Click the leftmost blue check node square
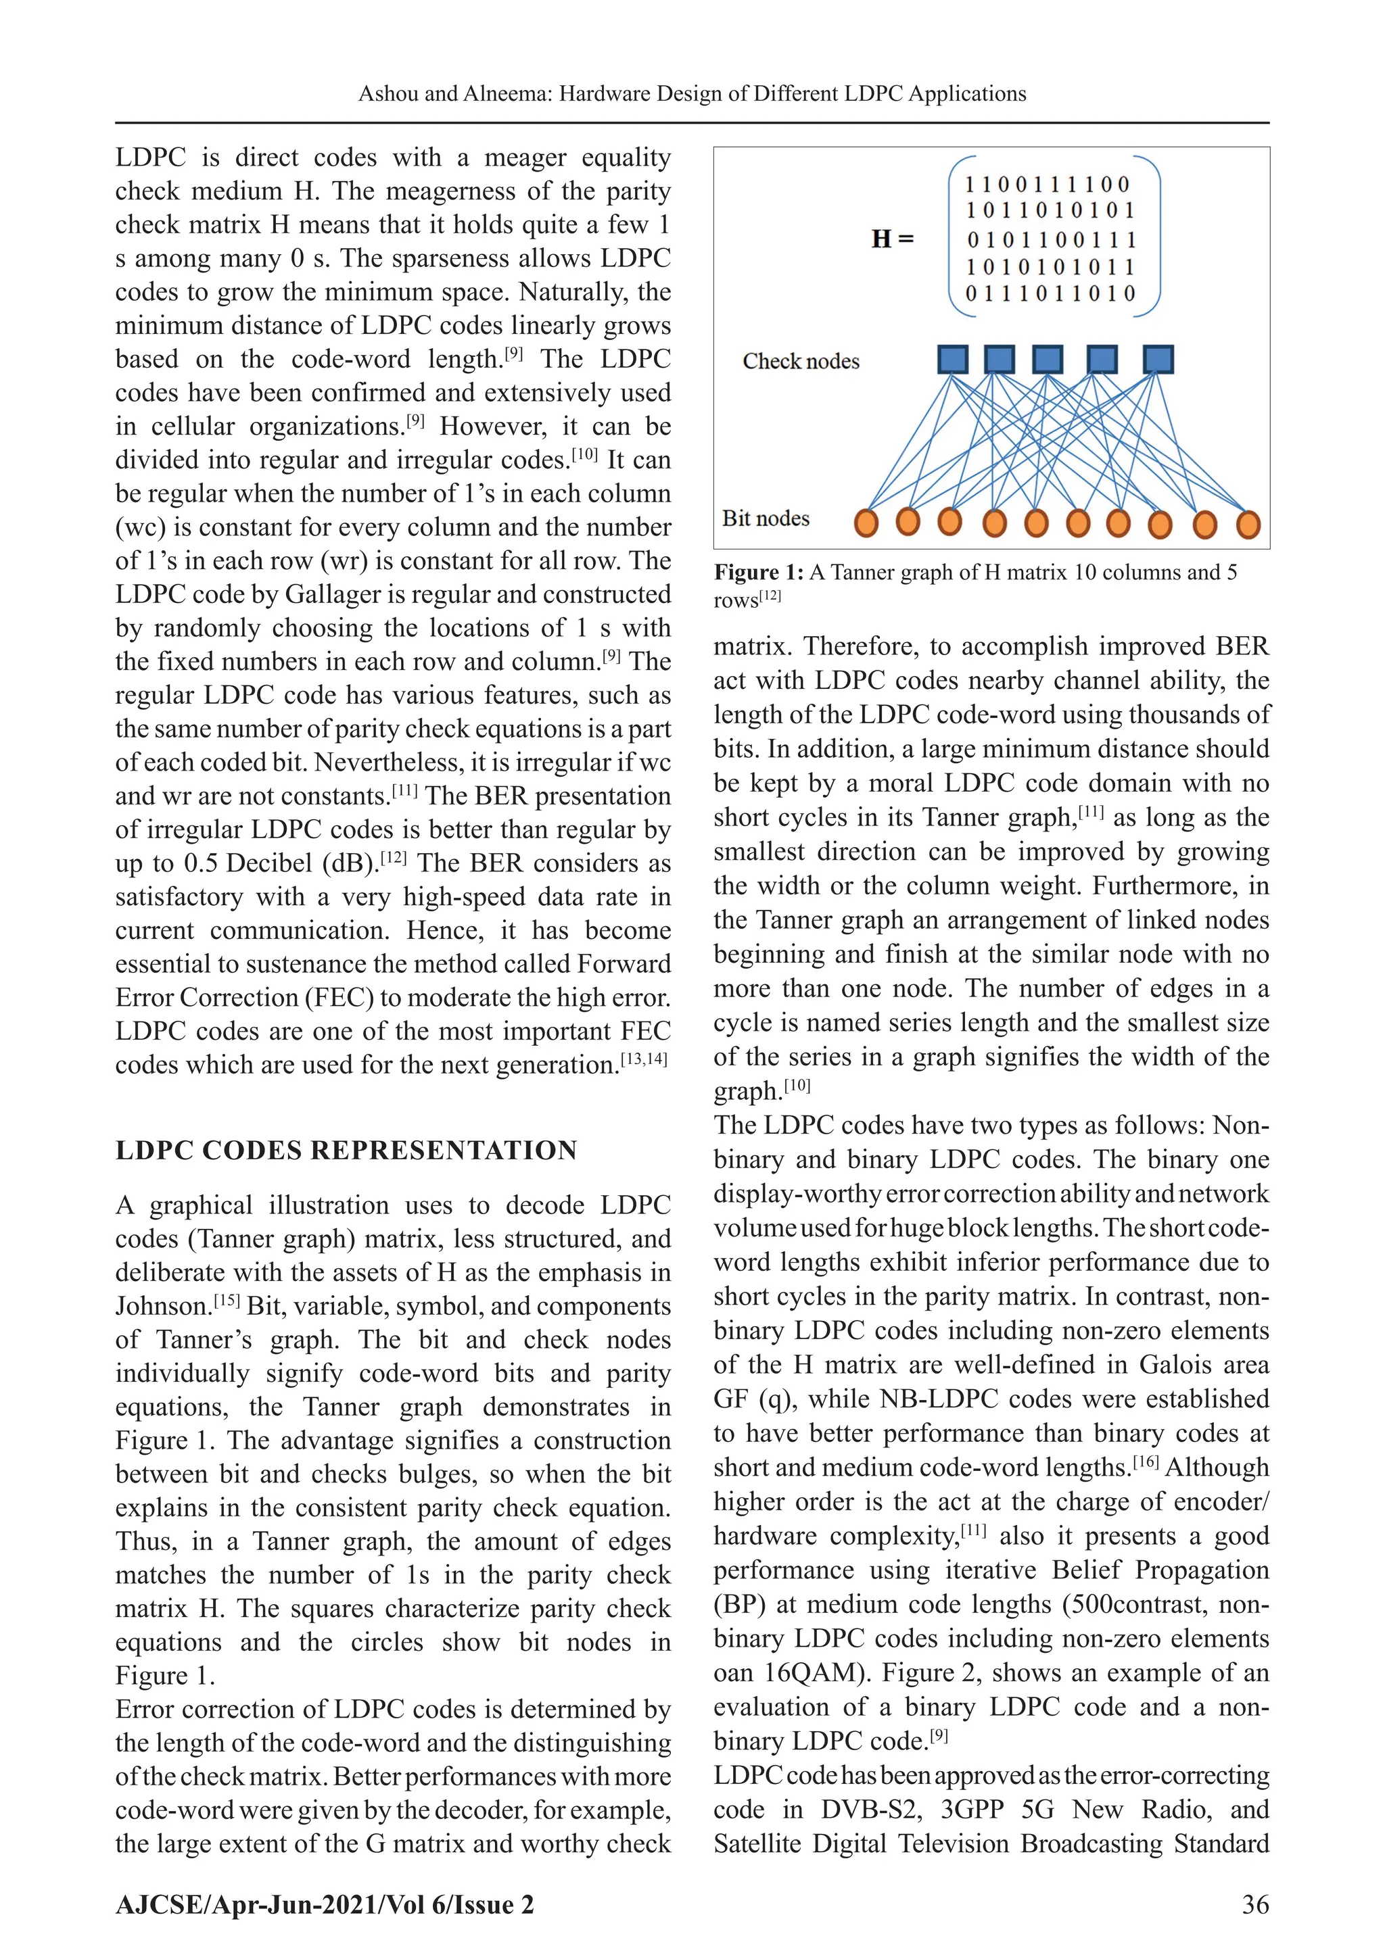[x=953, y=359]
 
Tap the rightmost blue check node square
[x=1157, y=359]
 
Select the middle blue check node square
[x=1048, y=359]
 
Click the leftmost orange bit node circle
[x=866, y=523]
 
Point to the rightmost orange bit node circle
[x=1248, y=524]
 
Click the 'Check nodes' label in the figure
[x=801, y=362]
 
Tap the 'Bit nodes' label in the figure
[x=766, y=518]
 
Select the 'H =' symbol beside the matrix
[x=892, y=239]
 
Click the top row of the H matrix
[x=1048, y=184]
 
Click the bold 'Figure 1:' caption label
[x=758, y=572]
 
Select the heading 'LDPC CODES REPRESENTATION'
[x=346, y=1151]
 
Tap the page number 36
[x=1255, y=1904]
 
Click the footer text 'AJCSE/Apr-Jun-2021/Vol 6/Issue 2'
[x=325, y=1904]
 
